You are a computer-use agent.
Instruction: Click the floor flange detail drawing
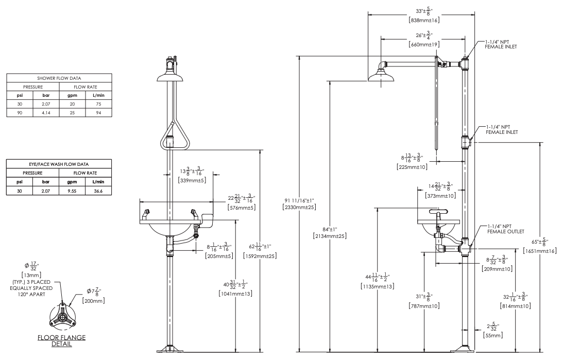[63, 317]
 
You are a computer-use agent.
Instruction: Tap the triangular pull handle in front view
[170, 136]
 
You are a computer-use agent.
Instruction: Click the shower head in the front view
[170, 76]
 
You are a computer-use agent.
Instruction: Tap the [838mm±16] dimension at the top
[423, 20]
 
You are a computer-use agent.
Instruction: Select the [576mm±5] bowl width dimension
[242, 207]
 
